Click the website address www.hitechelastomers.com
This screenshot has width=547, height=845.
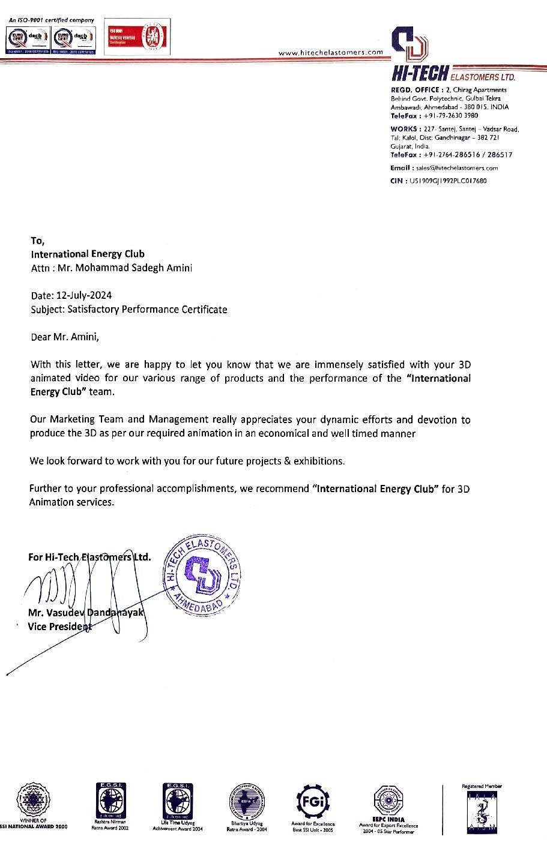(331, 52)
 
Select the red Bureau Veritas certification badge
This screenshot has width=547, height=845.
(137, 37)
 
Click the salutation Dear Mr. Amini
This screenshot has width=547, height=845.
(64, 337)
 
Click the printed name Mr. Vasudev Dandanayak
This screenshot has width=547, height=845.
(86, 613)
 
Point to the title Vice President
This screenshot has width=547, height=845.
(60, 627)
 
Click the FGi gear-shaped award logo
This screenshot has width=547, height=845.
(313, 802)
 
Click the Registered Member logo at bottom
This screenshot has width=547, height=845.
(482, 810)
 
